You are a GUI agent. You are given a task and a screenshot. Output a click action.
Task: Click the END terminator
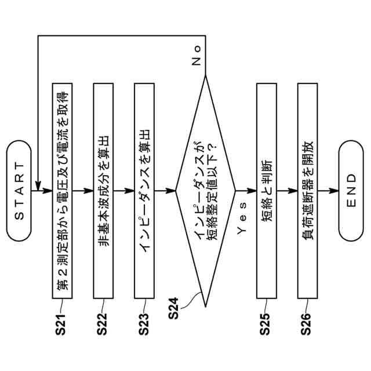coord(351,190)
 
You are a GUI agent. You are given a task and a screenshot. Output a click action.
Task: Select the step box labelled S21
coord(61,190)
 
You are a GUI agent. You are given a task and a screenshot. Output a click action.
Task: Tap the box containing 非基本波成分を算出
coord(103,190)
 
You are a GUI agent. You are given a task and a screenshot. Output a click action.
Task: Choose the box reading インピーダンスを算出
coord(144,190)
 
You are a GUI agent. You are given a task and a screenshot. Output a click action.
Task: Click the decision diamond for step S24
coord(205,190)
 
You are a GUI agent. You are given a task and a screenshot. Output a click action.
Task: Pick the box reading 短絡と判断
coord(267,190)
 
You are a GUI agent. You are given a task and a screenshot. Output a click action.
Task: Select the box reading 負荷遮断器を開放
coord(308,190)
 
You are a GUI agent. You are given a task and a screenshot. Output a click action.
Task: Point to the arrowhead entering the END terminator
coord(334,190)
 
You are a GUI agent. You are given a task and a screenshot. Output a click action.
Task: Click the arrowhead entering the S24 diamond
coord(171,190)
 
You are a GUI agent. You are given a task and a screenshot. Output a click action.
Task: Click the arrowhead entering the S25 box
coord(253,190)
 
